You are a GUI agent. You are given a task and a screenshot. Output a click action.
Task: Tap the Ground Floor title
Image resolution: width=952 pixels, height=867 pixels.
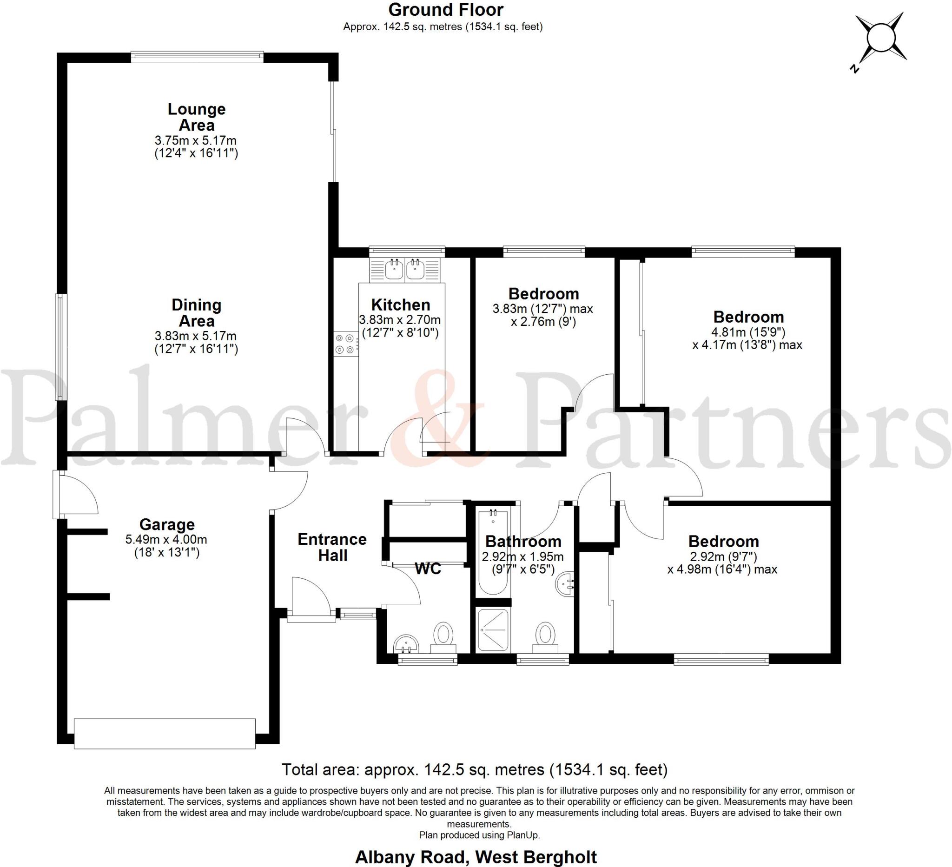coord(445,9)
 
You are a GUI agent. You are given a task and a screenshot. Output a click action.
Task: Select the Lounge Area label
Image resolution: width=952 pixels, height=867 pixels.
coord(197,117)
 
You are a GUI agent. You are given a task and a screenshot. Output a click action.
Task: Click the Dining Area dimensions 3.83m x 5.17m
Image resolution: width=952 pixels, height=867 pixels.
coord(196,336)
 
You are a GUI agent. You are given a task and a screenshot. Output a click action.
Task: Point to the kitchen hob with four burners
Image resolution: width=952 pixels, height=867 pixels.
coord(345,344)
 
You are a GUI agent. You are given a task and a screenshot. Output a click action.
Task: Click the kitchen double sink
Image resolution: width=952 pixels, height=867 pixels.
coord(405,270)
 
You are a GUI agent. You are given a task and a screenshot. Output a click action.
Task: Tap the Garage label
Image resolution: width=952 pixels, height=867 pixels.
coord(167,524)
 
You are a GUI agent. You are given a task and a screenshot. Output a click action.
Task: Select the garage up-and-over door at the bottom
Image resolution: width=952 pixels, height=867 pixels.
coord(165,734)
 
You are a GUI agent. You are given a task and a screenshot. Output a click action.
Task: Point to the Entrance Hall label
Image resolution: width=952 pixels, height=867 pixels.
coord(332,547)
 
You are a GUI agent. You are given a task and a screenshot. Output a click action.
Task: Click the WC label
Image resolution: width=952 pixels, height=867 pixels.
coord(427,569)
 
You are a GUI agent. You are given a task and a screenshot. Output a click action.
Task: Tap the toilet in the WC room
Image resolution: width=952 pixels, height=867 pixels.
coord(443,635)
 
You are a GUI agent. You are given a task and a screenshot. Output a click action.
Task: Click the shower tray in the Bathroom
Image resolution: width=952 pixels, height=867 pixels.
coord(493,630)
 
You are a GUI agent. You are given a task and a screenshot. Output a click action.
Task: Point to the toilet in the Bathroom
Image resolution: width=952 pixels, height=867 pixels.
coord(545,635)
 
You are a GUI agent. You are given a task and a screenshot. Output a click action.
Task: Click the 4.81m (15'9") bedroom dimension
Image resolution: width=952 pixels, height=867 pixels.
coord(748,332)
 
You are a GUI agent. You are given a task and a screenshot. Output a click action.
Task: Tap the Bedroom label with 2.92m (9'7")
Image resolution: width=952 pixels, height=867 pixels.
coord(723,541)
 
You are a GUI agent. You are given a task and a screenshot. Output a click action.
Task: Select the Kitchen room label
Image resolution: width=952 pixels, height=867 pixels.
coord(400,304)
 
